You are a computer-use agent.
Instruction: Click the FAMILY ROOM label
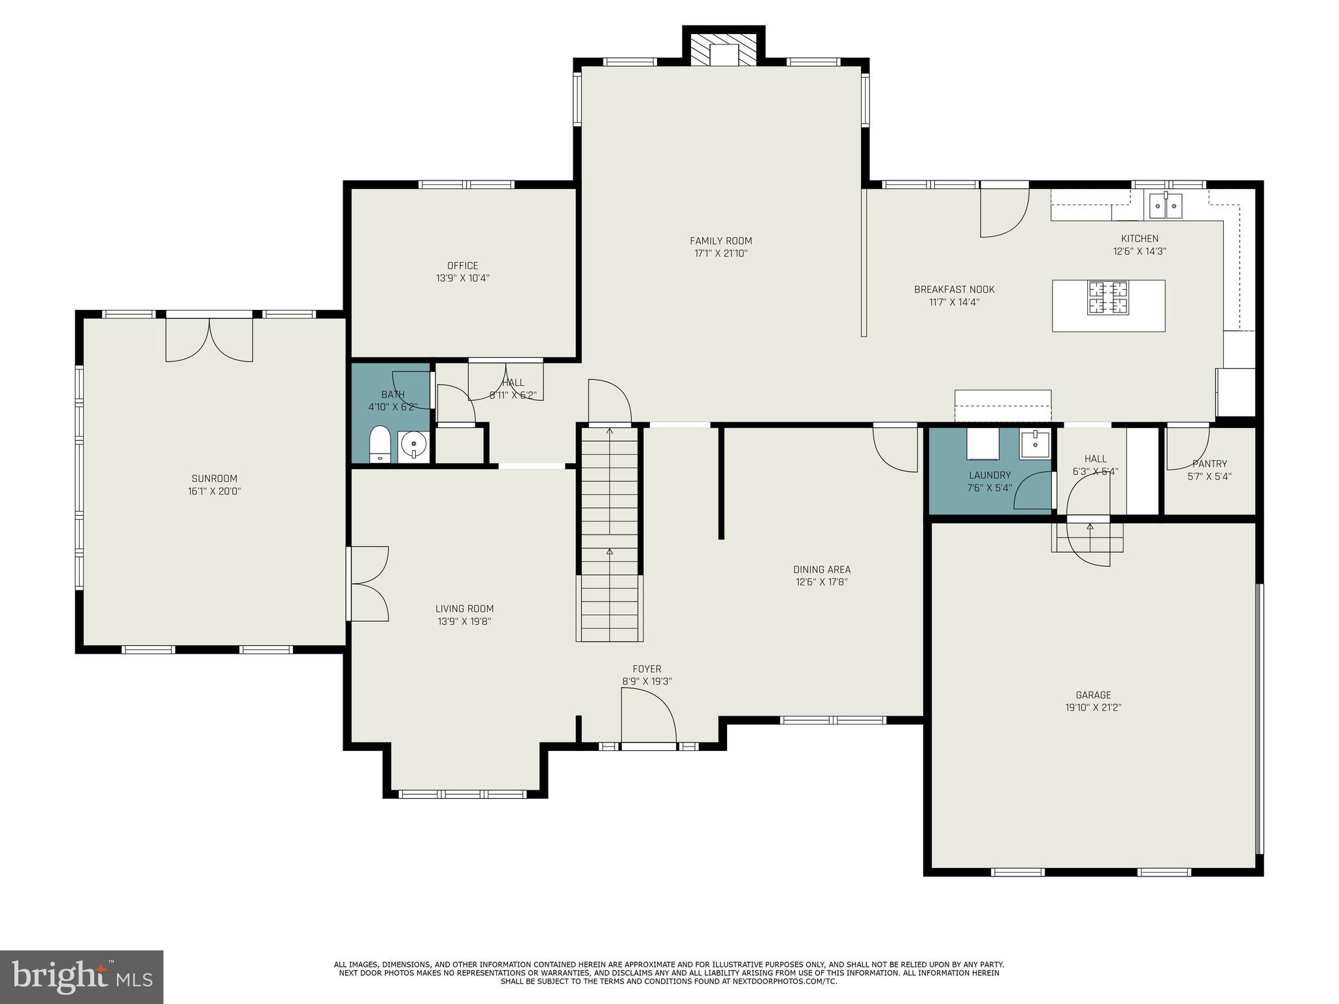[x=720, y=241]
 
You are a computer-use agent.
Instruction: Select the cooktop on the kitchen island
[x=1108, y=298]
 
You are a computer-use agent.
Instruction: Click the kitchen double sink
[x=1166, y=206]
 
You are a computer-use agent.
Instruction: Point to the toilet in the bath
[x=379, y=444]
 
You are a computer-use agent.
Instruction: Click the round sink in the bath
[x=413, y=446]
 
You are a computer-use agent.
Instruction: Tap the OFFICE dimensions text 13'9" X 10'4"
[x=462, y=278]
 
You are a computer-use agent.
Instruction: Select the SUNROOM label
[x=214, y=478]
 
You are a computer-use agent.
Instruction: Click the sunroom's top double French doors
[x=209, y=338]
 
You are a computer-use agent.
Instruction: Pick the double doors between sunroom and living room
[x=368, y=584]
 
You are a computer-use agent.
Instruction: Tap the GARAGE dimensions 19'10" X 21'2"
[x=1093, y=707]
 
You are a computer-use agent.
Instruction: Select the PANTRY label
[x=1210, y=464]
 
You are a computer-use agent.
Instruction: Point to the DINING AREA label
[x=821, y=569]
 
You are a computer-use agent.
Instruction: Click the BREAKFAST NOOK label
[x=954, y=290]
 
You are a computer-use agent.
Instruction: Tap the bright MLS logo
[x=81, y=977]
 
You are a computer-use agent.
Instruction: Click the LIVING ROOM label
[x=464, y=609]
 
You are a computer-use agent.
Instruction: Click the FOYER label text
[x=647, y=669]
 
